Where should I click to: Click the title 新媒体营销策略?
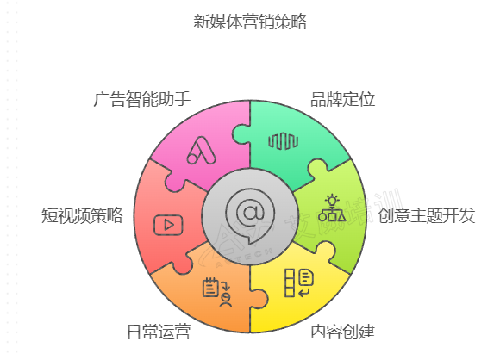(250, 22)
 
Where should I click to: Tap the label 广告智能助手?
(142, 99)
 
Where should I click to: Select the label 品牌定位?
(342, 99)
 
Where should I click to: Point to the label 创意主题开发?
(427, 215)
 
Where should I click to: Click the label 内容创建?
(342, 332)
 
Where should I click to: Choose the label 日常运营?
(159, 332)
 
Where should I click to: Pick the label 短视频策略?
(82, 215)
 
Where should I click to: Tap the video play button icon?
(168, 226)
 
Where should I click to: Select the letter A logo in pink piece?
(201, 151)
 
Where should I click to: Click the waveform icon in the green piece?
(283, 141)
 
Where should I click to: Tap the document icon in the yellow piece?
(299, 282)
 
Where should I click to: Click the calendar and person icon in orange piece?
(217, 293)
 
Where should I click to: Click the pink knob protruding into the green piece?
(241, 133)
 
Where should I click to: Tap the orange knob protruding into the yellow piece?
(259, 299)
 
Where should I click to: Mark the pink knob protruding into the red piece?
(174, 183)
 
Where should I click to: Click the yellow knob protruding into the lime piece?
(325, 250)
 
